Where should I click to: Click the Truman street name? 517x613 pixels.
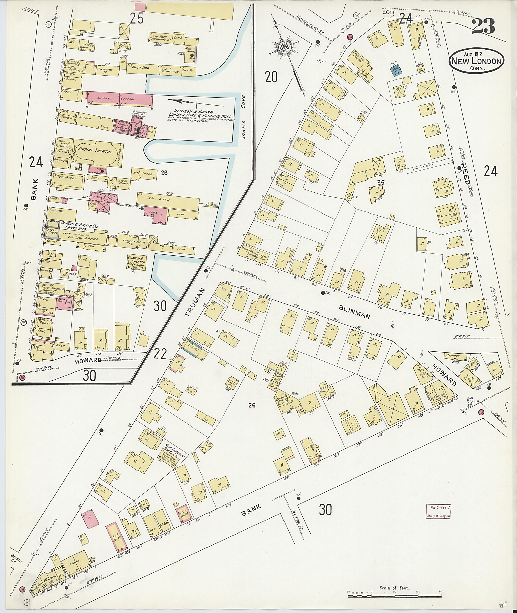point(194,302)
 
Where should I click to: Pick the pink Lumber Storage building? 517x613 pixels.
point(120,99)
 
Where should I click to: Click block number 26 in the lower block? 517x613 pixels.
point(251,405)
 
